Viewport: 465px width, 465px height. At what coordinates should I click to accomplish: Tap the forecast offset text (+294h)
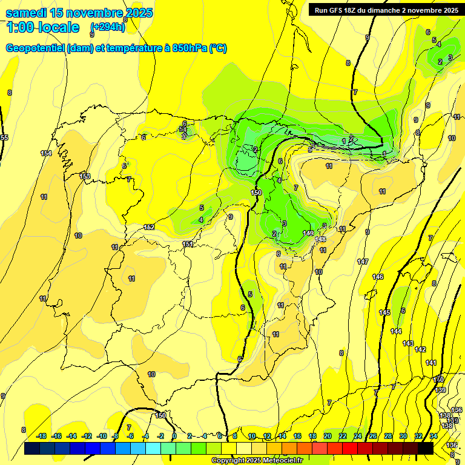(108, 27)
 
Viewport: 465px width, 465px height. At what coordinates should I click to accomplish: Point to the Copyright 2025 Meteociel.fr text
(257, 460)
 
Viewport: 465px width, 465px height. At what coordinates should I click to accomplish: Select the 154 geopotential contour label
(46, 153)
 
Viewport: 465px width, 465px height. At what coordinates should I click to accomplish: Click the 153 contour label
(85, 176)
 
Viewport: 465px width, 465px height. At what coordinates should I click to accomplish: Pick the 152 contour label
(149, 227)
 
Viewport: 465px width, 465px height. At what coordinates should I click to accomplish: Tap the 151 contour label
(188, 244)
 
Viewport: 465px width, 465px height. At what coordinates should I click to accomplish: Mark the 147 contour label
(363, 262)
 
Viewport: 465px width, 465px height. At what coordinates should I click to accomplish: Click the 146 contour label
(378, 277)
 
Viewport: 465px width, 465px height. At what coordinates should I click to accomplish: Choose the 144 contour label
(396, 331)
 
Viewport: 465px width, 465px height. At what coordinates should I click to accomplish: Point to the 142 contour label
(420, 349)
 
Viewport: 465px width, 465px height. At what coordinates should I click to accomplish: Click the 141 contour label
(431, 363)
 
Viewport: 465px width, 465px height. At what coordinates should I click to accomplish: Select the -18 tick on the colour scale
(41, 436)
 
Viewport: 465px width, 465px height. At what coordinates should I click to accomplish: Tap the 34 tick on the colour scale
(434, 436)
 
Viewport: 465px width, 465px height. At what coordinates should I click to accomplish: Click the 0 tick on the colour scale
(174, 436)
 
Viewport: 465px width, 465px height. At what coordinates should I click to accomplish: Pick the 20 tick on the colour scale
(328, 436)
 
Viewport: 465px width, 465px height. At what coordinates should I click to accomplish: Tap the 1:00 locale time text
(43, 27)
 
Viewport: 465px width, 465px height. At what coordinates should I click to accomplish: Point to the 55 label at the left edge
(4, 138)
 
